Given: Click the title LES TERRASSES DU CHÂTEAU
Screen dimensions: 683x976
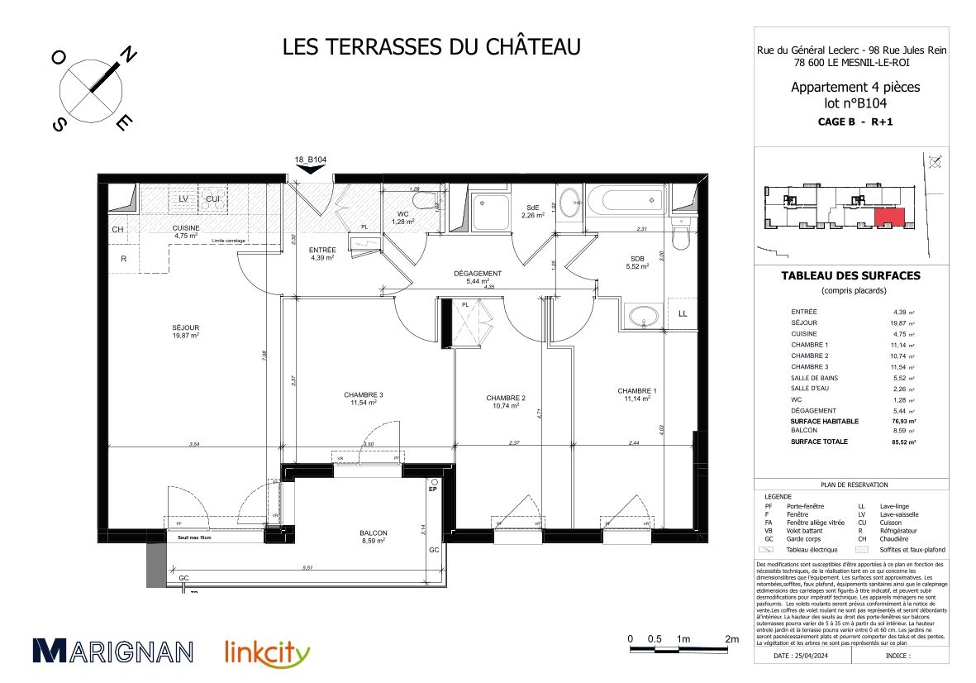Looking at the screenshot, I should [431, 46].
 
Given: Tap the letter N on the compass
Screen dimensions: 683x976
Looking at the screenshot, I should [129, 55].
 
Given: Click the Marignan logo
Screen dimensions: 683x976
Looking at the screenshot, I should [113, 650].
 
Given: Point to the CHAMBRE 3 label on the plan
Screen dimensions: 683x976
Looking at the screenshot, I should [364, 399].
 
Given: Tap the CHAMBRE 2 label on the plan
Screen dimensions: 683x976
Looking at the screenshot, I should [507, 402].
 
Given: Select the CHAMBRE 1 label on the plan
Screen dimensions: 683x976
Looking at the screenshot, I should [637, 394].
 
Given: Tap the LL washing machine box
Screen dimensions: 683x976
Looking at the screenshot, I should [683, 313].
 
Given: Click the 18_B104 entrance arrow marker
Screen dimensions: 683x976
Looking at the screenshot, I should [311, 168].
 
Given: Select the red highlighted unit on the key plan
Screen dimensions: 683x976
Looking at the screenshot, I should [889, 218].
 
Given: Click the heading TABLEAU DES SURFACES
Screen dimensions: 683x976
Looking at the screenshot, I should [850, 276].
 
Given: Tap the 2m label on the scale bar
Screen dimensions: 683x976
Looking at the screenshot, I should [731, 639].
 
